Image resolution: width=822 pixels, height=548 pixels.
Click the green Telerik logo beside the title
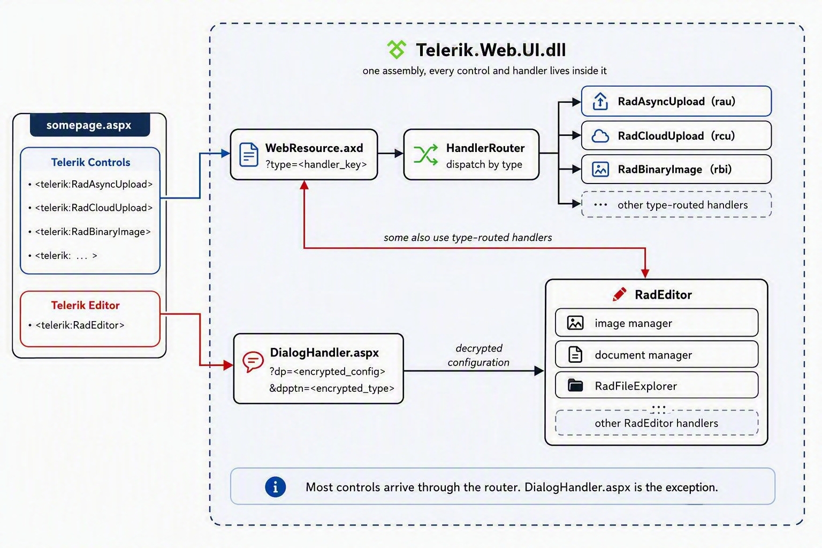[397, 50]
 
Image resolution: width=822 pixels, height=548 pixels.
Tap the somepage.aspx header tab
[90, 125]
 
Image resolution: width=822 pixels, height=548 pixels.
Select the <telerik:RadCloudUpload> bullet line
[90, 208]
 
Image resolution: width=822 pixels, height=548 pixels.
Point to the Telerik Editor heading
[85, 306]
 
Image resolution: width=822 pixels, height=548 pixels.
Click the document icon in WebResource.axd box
[248, 155]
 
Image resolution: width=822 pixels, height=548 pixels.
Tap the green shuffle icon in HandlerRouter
[425, 155]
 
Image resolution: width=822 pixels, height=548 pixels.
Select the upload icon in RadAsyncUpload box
[600, 101]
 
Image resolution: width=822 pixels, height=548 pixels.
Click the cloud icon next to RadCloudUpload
[600, 136]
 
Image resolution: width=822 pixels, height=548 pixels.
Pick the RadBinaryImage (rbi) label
[675, 169]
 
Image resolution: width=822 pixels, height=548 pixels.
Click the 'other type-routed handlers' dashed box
[676, 204]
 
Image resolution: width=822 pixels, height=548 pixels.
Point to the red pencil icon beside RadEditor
[619, 294]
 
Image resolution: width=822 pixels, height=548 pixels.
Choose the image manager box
[657, 323]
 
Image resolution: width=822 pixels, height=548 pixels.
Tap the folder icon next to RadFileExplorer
[575, 385]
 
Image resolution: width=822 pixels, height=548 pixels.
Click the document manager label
[643, 355]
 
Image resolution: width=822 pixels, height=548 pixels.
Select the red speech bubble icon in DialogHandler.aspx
[253, 362]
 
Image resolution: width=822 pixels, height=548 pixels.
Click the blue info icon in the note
[275, 487]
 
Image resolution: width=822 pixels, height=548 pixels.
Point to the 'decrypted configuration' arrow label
[478, 355]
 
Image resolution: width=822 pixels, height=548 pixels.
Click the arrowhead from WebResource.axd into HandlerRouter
[399, 154]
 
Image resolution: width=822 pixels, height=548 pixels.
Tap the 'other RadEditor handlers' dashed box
[657, 423]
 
